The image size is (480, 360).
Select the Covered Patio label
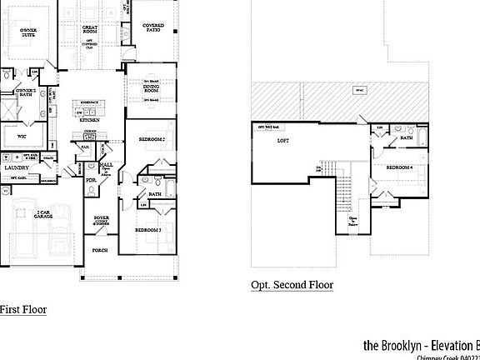[x=153, y=28]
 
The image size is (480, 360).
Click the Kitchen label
[x=89, y=120]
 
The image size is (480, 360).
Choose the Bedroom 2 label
[x=152, y=138]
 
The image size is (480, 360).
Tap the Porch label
[x=100, y=250]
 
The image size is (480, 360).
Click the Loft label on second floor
[x=282, y=141]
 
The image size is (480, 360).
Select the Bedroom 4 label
[x=401, y=168]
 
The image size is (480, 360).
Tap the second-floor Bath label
[x=407, y=138]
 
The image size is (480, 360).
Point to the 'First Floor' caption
[x=22, y=310]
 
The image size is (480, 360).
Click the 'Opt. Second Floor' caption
[x=292, y=285]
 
